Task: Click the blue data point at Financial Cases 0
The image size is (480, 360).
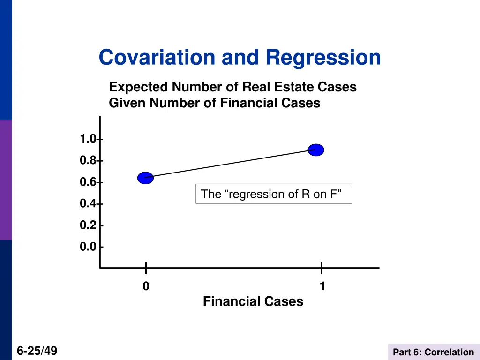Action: pos(145,178)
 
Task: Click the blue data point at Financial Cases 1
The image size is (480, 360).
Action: pos(316,150)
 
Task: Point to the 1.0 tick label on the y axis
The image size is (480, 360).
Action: pos(88,139)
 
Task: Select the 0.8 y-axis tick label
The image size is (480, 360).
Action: pos(88,161)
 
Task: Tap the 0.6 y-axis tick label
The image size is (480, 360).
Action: pos(88,182)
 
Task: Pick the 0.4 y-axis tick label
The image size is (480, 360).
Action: pos(88,204)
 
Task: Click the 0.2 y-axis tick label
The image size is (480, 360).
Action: pos(88,225)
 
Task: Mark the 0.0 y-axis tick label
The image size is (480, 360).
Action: pos(88,247)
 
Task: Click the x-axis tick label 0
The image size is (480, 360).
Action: pos(146,286)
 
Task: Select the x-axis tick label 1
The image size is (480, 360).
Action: pos(322,286)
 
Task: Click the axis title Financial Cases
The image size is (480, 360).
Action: pos(253,301)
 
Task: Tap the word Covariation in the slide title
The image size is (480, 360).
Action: pos(157,58)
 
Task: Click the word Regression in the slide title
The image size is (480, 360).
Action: pos(323,58)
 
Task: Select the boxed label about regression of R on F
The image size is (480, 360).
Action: pos(273,194)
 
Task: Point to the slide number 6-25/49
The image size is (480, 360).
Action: pos(37,350)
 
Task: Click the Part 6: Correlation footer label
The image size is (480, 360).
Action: pos(433,352)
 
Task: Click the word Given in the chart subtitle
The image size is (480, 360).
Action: pos(127,103)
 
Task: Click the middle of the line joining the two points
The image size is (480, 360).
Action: pos(231,164)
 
